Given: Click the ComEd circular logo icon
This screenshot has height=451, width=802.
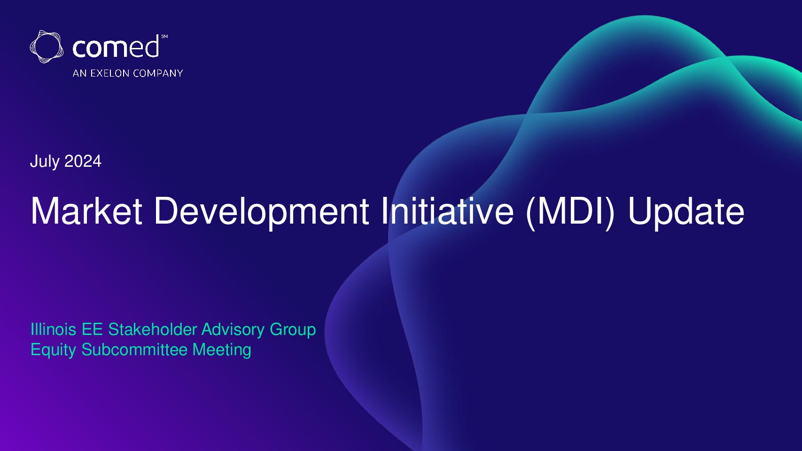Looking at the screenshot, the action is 47,47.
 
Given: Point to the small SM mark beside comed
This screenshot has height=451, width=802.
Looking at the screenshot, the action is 164,37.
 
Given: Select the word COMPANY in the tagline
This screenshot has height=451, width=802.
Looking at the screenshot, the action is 158,73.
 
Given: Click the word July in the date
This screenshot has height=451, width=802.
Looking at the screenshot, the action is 45,162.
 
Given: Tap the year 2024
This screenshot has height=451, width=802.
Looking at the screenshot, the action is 83,161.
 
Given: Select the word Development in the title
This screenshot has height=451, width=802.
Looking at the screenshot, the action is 262,213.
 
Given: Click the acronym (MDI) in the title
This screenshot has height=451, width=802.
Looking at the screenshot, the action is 570,213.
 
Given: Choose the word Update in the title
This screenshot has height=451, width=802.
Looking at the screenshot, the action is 685,213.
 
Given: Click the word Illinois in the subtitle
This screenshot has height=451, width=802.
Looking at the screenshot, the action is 53,329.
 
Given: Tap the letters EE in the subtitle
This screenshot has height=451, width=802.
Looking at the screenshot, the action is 92,329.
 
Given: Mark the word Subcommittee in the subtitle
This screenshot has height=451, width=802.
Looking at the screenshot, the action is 135,350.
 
